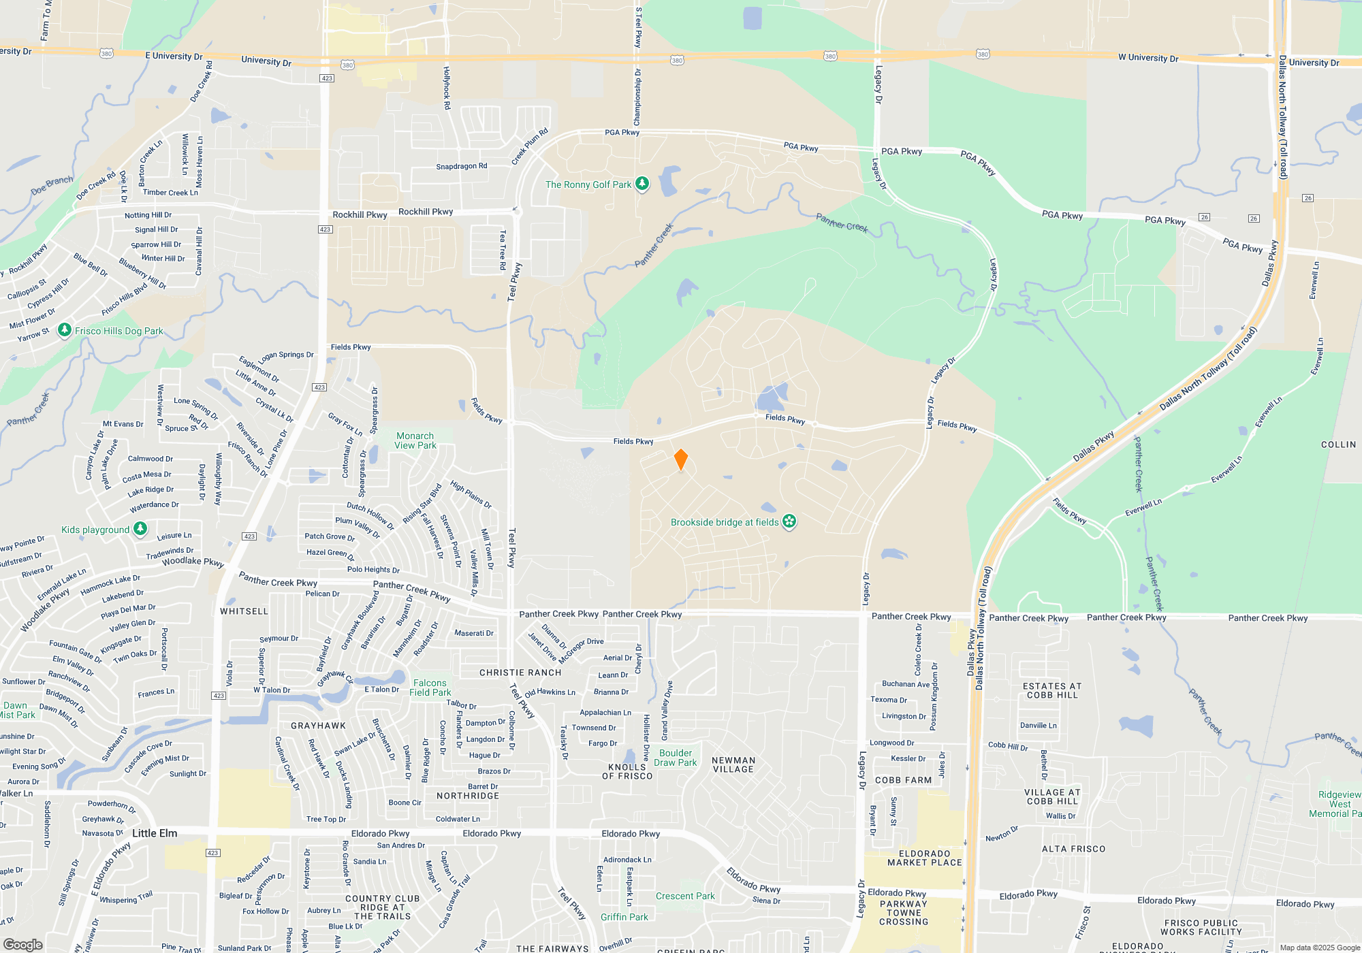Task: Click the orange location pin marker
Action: [x=680, y=459]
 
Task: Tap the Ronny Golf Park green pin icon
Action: [x=642, y=184]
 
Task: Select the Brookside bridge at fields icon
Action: [x=789, y=522]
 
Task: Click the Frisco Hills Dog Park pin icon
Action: [x=65, y=331]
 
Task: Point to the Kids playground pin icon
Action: [x=140, y=529]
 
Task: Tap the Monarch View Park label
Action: [x=415, y=440]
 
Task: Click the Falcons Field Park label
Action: [x=430, y=688]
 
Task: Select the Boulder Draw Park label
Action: [x=675, y=758]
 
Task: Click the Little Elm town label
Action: [x=155, y=833]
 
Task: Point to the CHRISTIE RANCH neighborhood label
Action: [x=520, y=673]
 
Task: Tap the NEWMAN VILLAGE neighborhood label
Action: [x=733, y=764]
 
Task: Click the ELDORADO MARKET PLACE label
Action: [x=925, y=858]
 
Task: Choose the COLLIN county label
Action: [x=1338, y=445]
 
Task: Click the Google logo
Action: [x=23, y=945]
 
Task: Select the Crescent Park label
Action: [x=685, y=896]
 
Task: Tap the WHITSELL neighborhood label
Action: [x=244, y=611]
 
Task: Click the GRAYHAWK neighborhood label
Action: [x=318, y=726]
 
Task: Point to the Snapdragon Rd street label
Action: [x=462, y=166]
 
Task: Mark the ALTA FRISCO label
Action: [x=1073, y=849]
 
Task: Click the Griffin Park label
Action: [x=624, y=917]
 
